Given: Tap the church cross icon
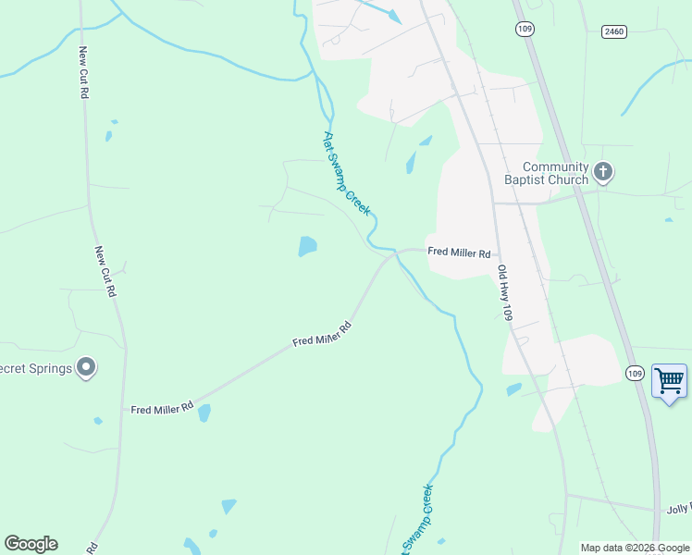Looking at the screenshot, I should click(x=603, y=171).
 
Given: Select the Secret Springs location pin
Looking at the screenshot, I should click(x=86, y=368).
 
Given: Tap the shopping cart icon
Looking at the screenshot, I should click(x=669, y=380).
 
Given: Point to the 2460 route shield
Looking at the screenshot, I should click(x=613, y=31).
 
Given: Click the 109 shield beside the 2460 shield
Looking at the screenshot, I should click(x=525, y=29).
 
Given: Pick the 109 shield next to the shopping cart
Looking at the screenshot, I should click(x=634, y=373).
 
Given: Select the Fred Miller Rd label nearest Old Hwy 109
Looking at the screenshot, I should click(x=458, y=252).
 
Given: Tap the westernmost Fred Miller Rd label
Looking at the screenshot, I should click(x=162, y=408).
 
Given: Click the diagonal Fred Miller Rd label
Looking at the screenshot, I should click(x=323, y=334).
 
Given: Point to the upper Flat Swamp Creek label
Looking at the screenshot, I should click(x=347, y=174).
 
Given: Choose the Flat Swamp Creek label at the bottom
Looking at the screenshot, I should click(x=416, y=520).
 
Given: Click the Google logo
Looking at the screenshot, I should click(x=31, y=544).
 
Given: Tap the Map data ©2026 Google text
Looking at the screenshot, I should click(x=635, y=548).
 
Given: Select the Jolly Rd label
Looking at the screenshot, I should click(x=678, y=510).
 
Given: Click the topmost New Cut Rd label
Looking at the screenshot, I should click(x=83, y=73).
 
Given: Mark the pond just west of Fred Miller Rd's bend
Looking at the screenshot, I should click(x=307, y=246).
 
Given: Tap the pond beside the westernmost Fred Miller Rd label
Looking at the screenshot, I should click(x=204, y=413).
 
